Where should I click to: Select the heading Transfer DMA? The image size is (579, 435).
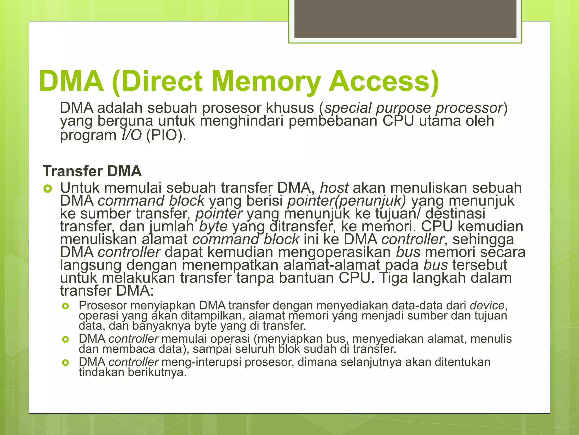tap(92, 171)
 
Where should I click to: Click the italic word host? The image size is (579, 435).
tap(334, 188)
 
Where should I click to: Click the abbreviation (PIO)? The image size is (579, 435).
tap(166, 135)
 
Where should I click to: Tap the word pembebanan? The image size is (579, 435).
tap(333, 121)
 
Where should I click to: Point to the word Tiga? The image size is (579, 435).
tap(393, 278)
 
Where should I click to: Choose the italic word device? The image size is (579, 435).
tap(487, 305)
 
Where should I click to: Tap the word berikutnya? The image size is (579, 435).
tap(157, 372)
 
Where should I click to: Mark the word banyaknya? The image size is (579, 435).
tap(161, 326)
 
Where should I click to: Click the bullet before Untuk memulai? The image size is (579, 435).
tap(47, 188)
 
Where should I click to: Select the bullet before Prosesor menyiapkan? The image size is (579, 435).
tap(66, 306)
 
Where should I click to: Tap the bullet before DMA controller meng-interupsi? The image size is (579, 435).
tap(66, 362)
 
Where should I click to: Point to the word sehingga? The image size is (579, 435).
tap(483, 239)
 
